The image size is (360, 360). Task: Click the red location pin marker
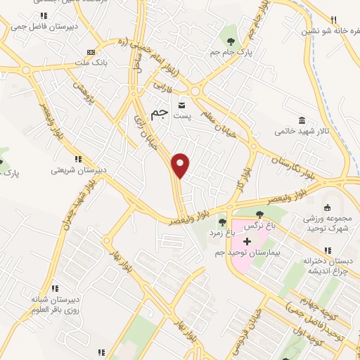pos(181,165)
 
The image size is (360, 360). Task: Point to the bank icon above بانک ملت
pos(90,52)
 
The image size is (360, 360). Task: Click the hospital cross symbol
pos(247,241)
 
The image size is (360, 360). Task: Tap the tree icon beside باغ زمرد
pos(222,223)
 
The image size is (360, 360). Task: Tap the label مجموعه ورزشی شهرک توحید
pos(328,224)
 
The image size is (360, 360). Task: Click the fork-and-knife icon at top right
pos(334,19)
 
